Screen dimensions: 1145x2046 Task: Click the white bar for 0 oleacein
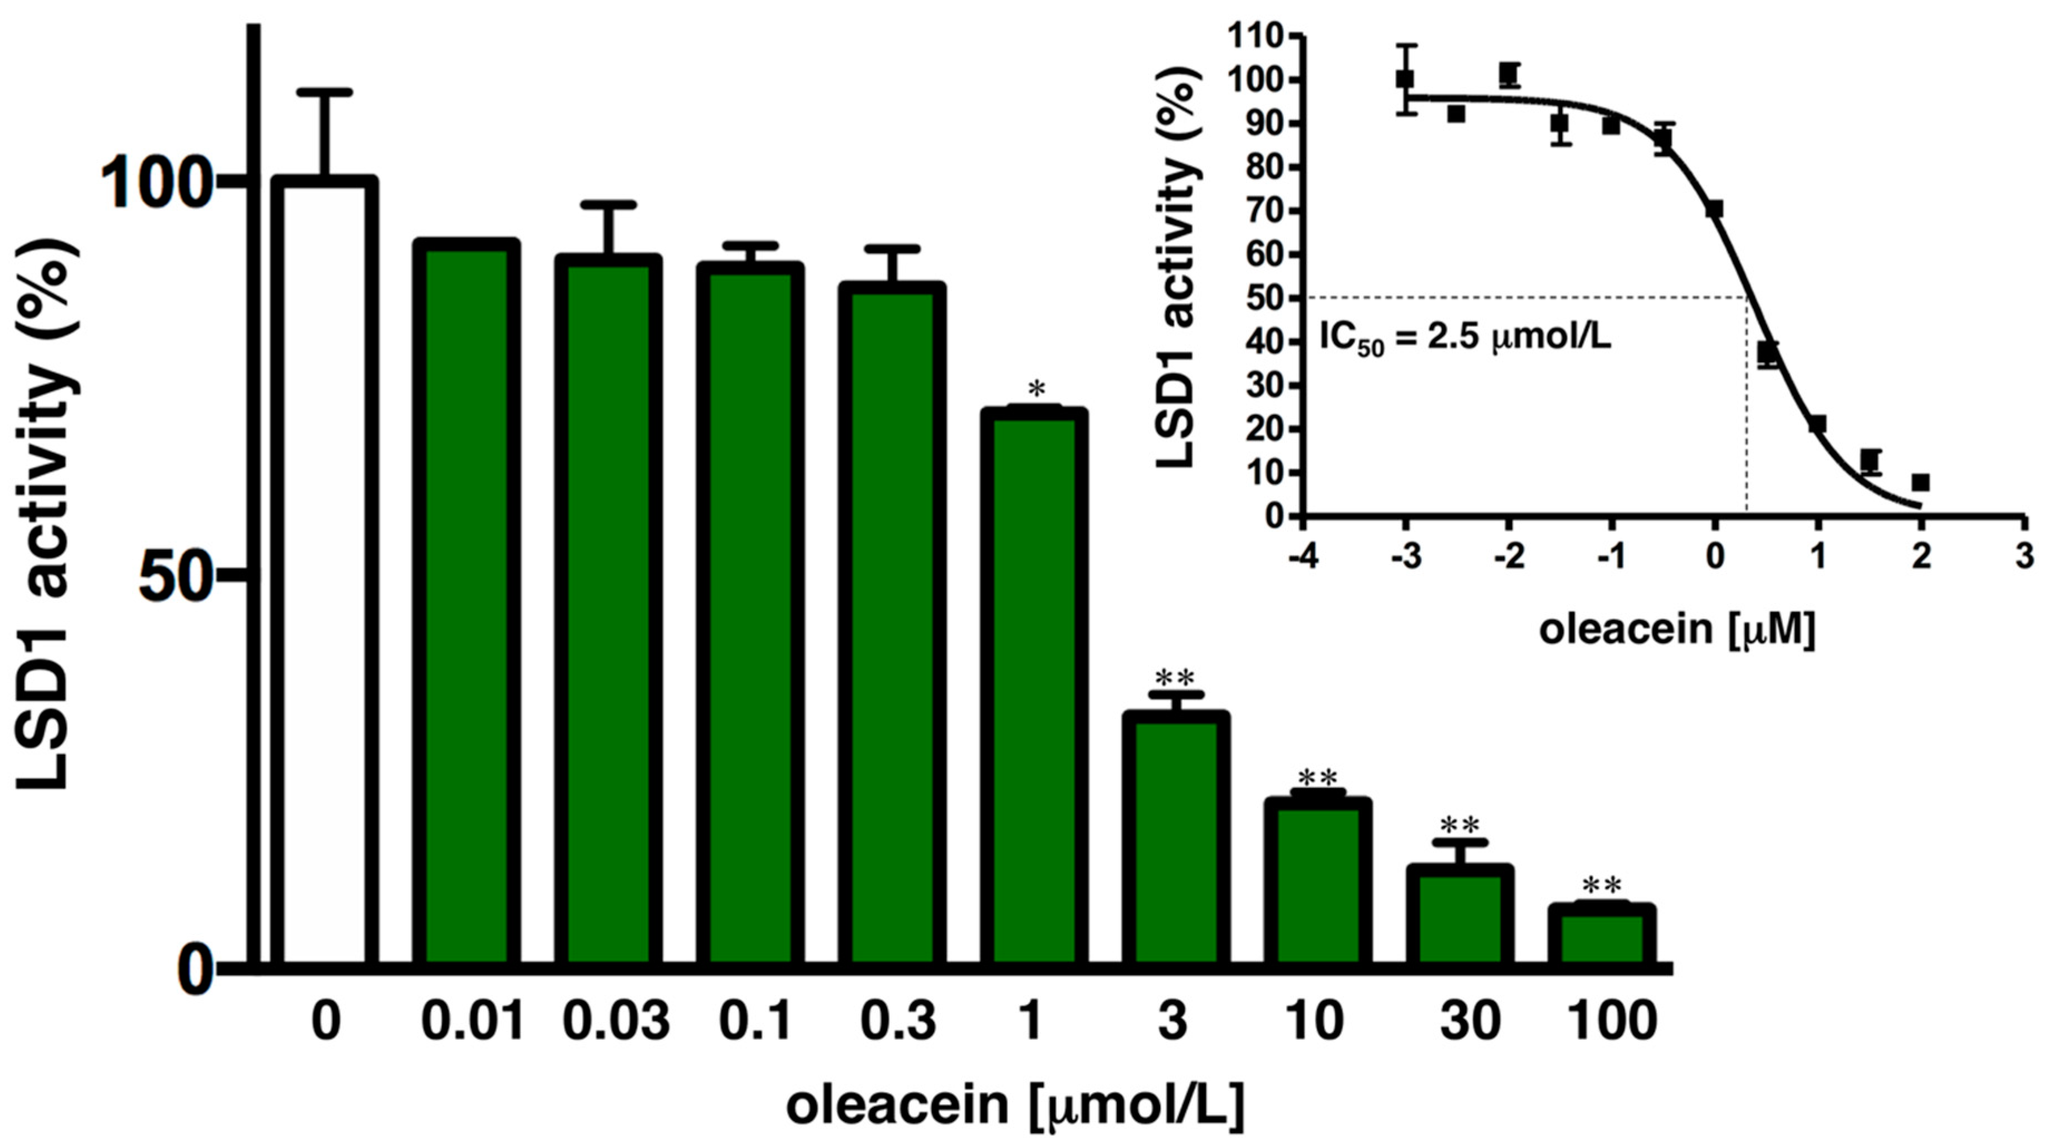click(325, 572)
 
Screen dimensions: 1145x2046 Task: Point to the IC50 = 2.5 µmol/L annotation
click(1465, 339)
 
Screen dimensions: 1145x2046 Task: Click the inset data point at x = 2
click(1921, 482)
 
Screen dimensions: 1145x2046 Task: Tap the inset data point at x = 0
click(1714, 209)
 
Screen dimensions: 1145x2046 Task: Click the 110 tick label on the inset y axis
click(1253, 37)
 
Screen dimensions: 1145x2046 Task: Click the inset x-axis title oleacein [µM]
click(1677, 630)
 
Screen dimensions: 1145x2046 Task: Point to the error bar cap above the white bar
click(325, 93)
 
